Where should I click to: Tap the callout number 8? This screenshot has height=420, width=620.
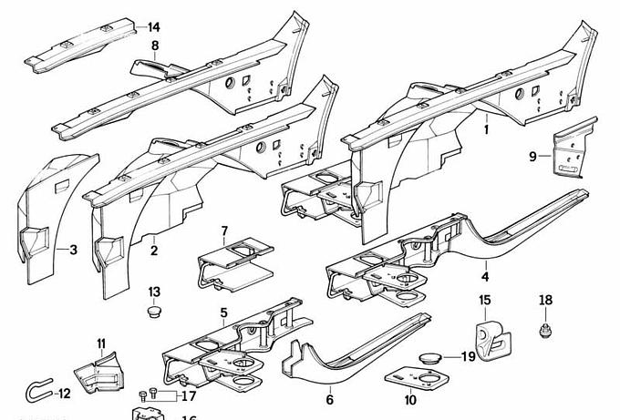(x=155, y=46)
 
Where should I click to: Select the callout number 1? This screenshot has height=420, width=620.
(x=486, y=130)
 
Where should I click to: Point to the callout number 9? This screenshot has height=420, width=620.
(x=532, y=157)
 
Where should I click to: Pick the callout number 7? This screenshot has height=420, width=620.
(x=224, y=230)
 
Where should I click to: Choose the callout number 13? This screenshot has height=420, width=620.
(x=154, y=292)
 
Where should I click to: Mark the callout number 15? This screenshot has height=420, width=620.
(x=485, y=301)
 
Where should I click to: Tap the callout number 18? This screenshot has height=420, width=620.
(x=545, y=301)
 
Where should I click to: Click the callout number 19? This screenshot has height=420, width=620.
(x=468, y=356)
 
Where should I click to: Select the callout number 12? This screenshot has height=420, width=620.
(x=63, y=394)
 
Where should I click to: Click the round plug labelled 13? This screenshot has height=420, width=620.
(x=154, y=312)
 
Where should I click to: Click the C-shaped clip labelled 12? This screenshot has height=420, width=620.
(x=36, y=392)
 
